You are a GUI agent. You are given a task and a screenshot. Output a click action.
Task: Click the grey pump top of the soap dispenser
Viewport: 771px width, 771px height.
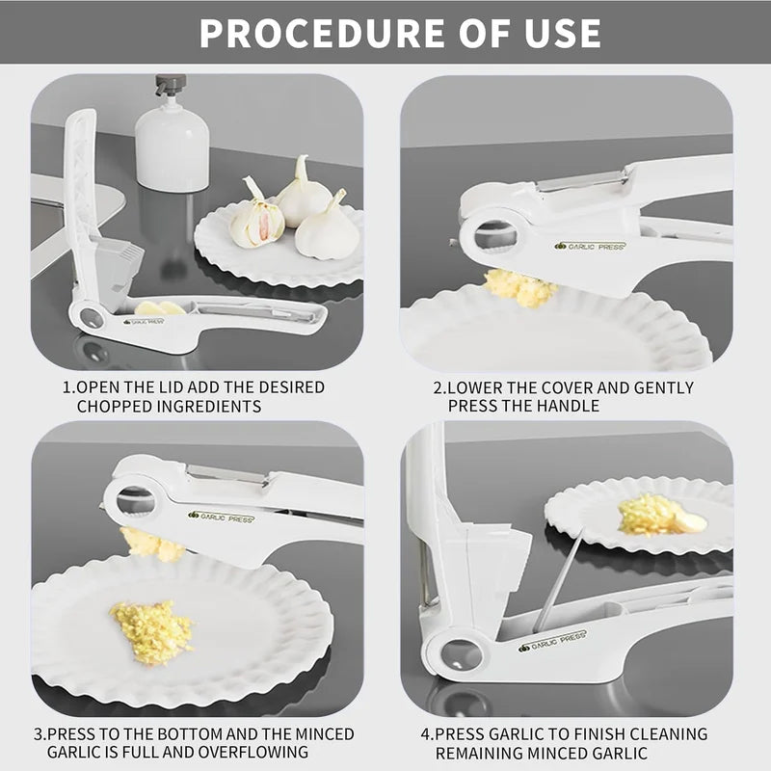pos(171,85)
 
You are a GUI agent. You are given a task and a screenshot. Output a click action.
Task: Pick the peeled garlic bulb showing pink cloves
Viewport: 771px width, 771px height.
pos(256,219)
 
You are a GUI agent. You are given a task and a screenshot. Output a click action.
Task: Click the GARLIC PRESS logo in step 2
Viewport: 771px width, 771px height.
pos(590,246)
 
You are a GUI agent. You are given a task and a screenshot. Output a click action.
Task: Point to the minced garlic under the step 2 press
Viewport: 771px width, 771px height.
pos(520,287)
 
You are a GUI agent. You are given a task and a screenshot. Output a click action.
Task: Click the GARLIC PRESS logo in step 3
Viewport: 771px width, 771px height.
pos(221,517)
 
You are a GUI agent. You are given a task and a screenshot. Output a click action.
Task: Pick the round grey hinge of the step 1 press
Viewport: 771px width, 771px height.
pos(92,318)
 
